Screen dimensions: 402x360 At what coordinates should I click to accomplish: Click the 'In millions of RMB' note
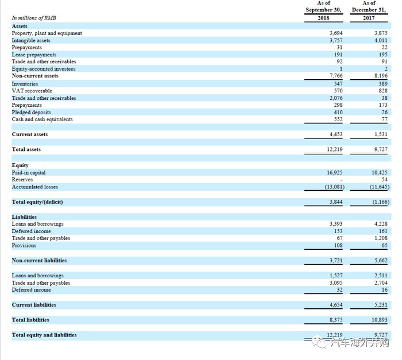[x=34, y=18]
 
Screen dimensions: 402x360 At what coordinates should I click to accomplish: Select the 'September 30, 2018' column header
[x=323, y=10]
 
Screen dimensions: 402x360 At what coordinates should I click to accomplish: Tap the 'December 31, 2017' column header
[x=369, y=10]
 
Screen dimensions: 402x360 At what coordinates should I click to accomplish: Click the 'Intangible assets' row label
[x=31, y=40]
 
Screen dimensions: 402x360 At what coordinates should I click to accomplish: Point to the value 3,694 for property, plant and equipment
[x=336, y=33]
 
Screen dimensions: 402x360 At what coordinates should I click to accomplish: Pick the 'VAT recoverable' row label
[x=32, y=91]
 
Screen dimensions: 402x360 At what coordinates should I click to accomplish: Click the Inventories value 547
[x=338, y=84]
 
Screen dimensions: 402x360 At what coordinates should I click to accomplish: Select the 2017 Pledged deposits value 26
[x=384, y=112]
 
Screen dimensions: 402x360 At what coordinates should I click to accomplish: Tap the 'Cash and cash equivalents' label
[x=42, y=119]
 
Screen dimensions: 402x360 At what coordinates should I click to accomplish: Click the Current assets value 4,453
[x=336, y=134]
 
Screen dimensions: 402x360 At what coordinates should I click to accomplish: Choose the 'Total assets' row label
[x=26, y=149]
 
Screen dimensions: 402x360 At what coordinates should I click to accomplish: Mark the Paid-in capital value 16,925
[x=335, y=173]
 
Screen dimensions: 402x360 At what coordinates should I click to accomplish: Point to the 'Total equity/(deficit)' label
[x=37, y=202]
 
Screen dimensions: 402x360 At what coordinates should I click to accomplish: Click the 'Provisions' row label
[x=24, y=245]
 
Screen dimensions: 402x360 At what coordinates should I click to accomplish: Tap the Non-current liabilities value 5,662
[x=381, y=260]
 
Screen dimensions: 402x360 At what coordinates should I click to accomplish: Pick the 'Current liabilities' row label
[x=34, y=305]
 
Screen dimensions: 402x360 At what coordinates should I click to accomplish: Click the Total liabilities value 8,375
[x=336, y=320]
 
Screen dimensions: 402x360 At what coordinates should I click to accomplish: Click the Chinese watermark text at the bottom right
[x=360, y=343]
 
